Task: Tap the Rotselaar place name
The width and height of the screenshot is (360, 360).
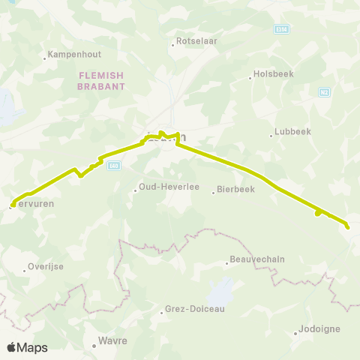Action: (196, 41)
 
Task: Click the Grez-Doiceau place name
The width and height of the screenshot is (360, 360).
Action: (193, 309)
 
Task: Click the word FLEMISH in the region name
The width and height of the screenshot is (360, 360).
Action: (100, 76)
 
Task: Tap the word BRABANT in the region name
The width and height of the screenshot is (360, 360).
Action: (100, 86)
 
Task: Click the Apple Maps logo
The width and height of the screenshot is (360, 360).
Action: (27, 347)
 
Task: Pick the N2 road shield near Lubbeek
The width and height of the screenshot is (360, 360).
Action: (324, 92)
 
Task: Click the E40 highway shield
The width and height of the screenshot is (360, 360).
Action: (113, 166)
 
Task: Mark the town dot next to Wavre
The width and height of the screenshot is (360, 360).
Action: (94, 346)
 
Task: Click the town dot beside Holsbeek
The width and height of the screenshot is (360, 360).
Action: (250, 77)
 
